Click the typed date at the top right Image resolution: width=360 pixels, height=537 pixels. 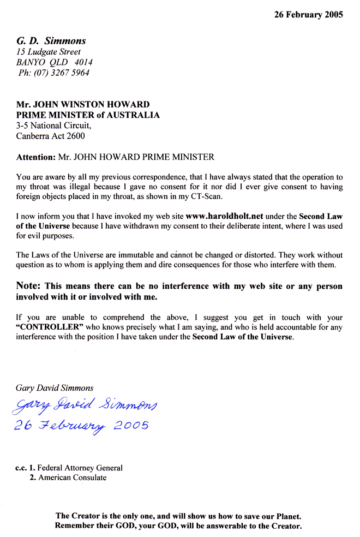click(308, 15)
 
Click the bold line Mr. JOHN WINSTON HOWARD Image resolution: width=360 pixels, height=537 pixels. click(83, 105)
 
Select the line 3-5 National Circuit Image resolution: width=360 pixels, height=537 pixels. click(50, 126)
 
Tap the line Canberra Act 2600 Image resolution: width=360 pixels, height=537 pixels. click(50, 136)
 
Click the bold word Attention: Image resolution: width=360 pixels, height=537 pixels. click(36, 157)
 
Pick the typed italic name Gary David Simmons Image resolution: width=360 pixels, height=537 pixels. click(55, 388)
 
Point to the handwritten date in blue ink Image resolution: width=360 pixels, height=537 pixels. click(82, 426)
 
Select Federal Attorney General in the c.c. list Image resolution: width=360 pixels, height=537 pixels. click(80, 468)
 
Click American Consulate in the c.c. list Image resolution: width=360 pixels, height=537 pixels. click(72, 478)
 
